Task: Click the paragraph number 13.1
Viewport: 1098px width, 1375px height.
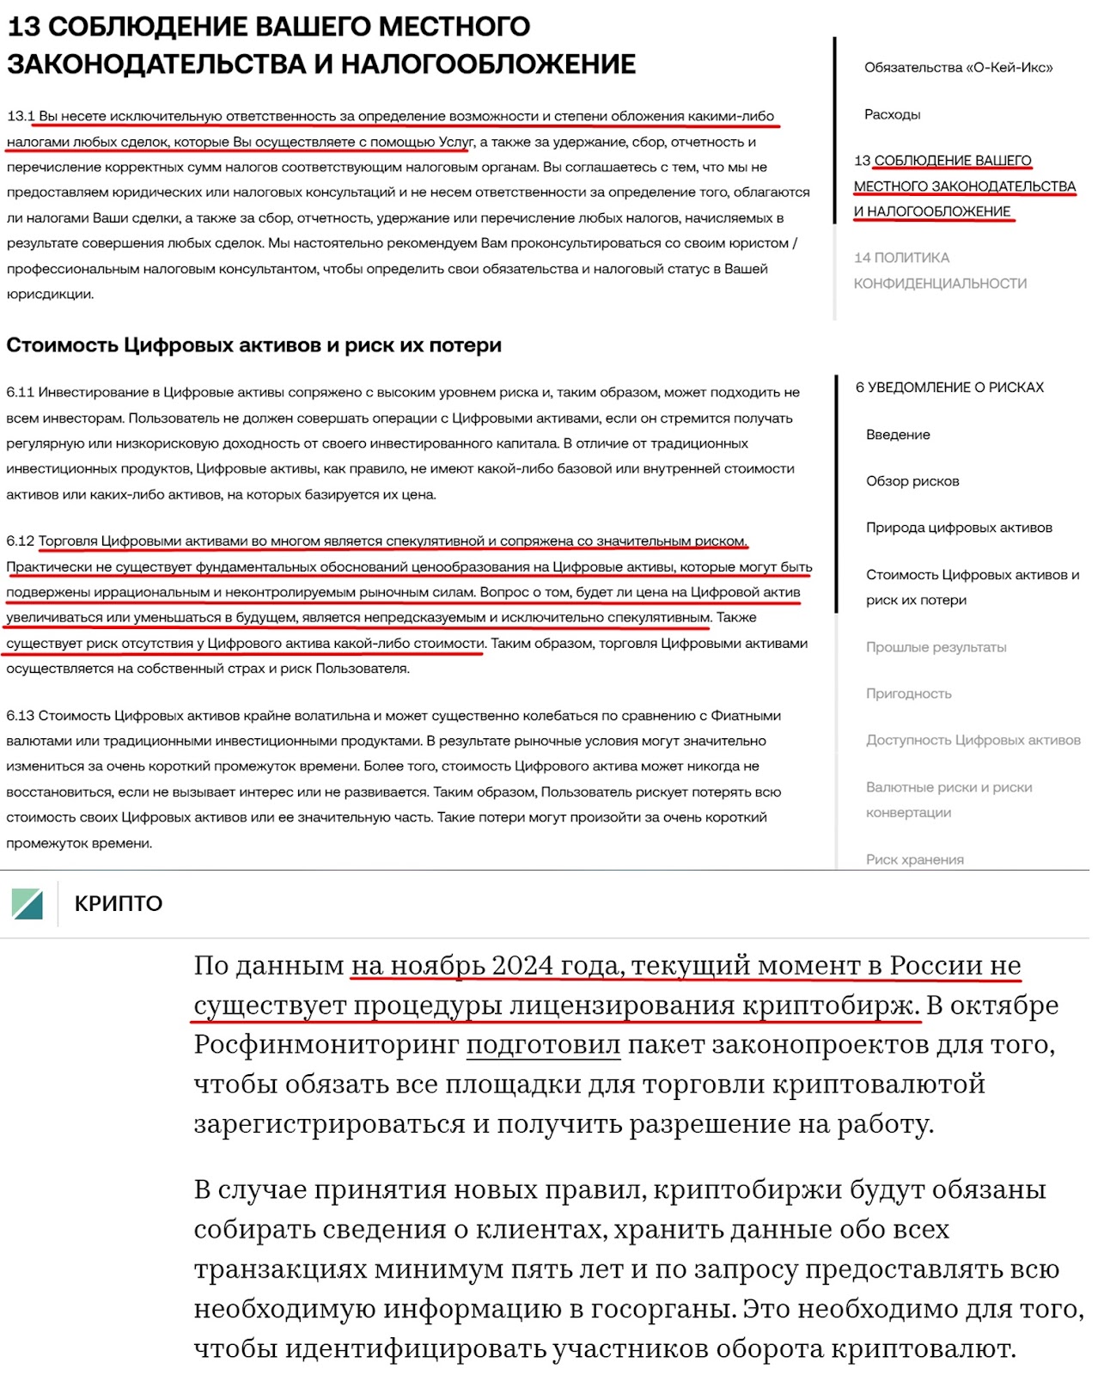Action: point(21,116)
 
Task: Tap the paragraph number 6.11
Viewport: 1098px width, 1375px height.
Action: point(20,393)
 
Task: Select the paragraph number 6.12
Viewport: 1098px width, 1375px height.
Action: point(20,541)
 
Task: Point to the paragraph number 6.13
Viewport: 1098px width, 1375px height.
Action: point(20,716)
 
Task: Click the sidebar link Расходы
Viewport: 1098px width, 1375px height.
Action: point(892,114)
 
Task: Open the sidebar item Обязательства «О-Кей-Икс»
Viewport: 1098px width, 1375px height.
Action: point(958,68)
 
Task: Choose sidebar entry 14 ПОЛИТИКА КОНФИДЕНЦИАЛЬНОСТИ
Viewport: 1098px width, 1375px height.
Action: point(939,270)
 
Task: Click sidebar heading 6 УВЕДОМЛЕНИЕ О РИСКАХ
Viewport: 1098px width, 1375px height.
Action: point(949,388)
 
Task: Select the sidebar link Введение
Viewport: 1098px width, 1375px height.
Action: point(898,435)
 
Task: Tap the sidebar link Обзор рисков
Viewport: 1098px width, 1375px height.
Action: point(912,481)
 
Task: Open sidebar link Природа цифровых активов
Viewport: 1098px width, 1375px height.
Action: point(959,528)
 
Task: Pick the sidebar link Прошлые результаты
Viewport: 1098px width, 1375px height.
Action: point(936,647)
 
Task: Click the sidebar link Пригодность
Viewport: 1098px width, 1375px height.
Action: point(908,694)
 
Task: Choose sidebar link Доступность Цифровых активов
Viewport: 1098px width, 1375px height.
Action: point(973,740)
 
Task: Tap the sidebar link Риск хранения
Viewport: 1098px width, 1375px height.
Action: point(914,859)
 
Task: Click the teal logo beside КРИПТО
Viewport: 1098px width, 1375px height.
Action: point(27,904)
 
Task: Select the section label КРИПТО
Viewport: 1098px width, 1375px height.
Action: point(119,904)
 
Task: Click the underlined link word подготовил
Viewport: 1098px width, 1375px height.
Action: point(543,1045)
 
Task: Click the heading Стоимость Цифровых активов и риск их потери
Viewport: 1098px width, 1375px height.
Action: point(253,345)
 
